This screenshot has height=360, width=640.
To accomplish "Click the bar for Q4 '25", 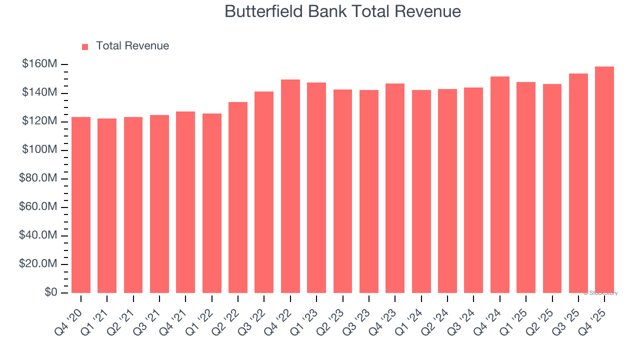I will click(x=604, y=180).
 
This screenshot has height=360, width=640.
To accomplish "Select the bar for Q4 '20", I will click(x=81, y=205).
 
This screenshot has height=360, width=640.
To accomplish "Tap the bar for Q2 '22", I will click(x=238, y=197).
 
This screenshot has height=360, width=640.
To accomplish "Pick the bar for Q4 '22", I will click(x=290, y=186).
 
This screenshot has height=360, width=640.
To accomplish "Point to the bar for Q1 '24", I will click(x=421, y=191).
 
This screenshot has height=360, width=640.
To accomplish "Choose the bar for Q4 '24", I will click(x=500, y=185).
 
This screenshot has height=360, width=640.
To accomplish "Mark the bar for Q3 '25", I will click(x=578, y=183).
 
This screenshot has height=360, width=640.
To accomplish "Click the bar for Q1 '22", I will click(x=212, y=203).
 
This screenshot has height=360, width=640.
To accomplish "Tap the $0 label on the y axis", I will click(x=51, y=292).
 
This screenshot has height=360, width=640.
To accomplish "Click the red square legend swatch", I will click(x=85, y=46).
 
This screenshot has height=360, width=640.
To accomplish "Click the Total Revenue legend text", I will click(x=132, y=46).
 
